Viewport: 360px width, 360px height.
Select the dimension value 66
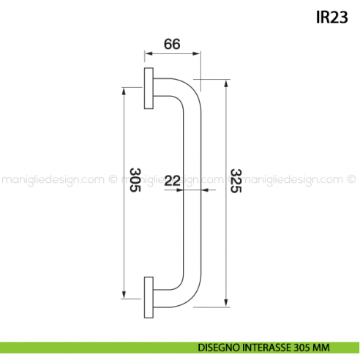[x=172, y=44]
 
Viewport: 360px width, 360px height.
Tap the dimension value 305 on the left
[x=135, y=179]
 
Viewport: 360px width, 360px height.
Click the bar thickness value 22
[x=173, y=179]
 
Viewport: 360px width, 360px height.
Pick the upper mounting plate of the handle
[x=149, y=89]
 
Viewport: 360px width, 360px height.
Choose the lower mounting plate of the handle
[x=149, y=297]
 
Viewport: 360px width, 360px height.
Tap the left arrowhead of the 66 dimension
[x=146, y=54]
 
